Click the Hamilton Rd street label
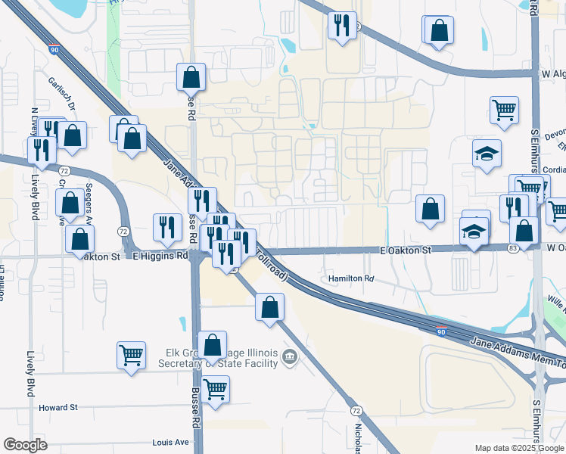[x=351, y=279]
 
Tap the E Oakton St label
[x=405, y=250]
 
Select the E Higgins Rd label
[x=160, y=257]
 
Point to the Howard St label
[x=58, y=407]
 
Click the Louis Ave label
[x=169, y=442]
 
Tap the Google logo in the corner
[x=26, y=445]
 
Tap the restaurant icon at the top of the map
[x=342, y=26]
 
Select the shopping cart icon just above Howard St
[x=216, y=390]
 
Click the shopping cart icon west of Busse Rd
[x=131, y=353]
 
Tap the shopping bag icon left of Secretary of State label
[x=213, y=344]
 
